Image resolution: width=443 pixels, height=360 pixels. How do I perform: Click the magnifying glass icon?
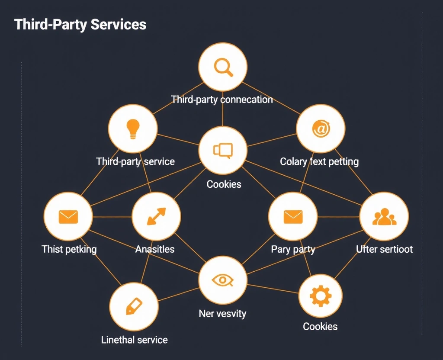223,67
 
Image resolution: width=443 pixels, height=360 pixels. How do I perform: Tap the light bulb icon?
133,129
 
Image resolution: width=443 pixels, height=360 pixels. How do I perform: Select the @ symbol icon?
321,129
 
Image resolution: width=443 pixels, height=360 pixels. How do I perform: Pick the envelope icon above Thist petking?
68,216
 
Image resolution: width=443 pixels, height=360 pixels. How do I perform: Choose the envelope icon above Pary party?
293,216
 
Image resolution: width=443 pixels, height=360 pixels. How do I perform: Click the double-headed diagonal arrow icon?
156,216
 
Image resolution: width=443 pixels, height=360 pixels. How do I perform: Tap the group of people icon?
384,217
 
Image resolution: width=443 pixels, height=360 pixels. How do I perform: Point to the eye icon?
222,280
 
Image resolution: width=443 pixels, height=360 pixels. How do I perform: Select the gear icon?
321,296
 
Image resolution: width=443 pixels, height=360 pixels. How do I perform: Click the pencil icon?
134,306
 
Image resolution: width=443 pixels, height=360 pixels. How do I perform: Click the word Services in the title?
119,24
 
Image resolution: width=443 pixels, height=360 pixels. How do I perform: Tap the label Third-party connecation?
222,100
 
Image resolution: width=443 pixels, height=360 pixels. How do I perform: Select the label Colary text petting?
319,162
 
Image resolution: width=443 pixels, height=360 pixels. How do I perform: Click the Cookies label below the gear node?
320,326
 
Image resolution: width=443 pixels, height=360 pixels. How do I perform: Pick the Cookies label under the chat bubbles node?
224,184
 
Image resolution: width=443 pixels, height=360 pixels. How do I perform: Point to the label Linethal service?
134,340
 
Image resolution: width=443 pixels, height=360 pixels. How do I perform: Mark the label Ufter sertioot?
384,249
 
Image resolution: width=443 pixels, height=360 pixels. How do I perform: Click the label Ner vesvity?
222,313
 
